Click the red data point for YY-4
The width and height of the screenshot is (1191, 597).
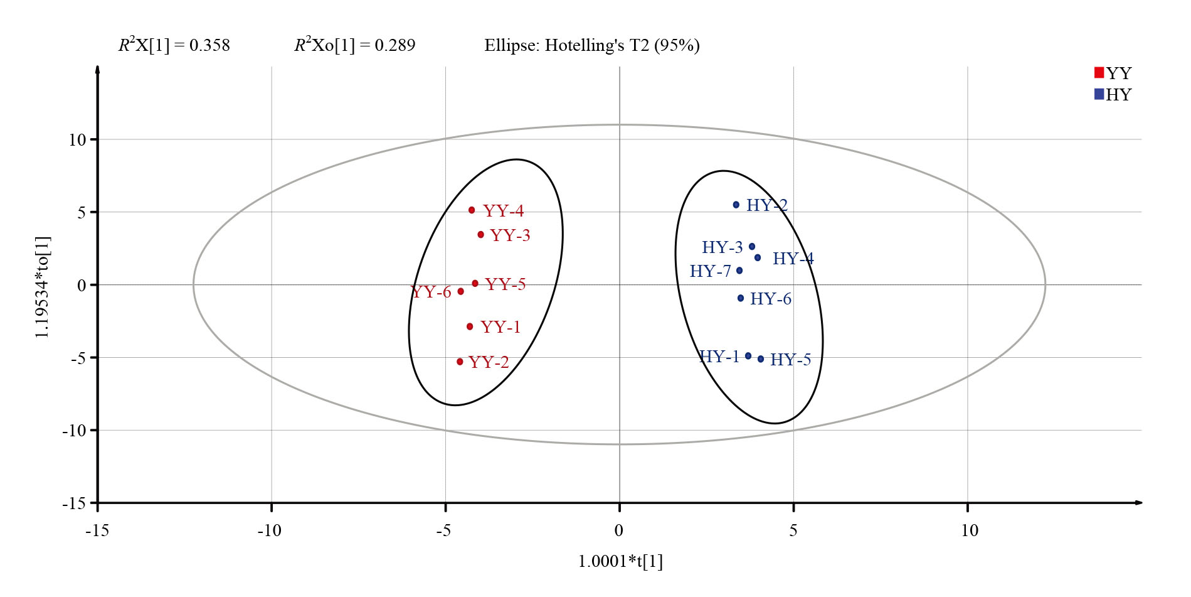[x=472, y=210]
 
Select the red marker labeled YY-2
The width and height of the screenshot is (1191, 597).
[x=460, y=362]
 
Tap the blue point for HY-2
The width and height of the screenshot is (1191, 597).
[x=736, y=205]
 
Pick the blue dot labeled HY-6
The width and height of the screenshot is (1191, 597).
[x=741, y=298]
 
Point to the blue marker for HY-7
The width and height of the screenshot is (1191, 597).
[x=739, y=271]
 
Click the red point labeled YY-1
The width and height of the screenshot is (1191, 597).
[x=470, y=326]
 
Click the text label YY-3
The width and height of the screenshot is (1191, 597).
[x=510, y=235]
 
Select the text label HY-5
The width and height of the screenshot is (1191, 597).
[x=790, y=360]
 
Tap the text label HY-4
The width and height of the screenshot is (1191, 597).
[x=793, y=259]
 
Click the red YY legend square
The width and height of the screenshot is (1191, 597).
[x=1099, y=73]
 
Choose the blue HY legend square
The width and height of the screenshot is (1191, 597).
[x=1099, y=94]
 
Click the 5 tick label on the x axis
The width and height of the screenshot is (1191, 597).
[x=793, y=530]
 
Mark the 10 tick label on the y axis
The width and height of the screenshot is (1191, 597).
[x=77, y=140]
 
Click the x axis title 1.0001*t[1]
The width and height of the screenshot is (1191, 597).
[x=620, y=561]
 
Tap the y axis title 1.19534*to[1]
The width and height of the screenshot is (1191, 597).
[x=43, y=287]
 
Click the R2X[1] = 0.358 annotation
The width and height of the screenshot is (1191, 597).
[x=174, y=45]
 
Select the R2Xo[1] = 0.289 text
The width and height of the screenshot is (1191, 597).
[x=355, y=45]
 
